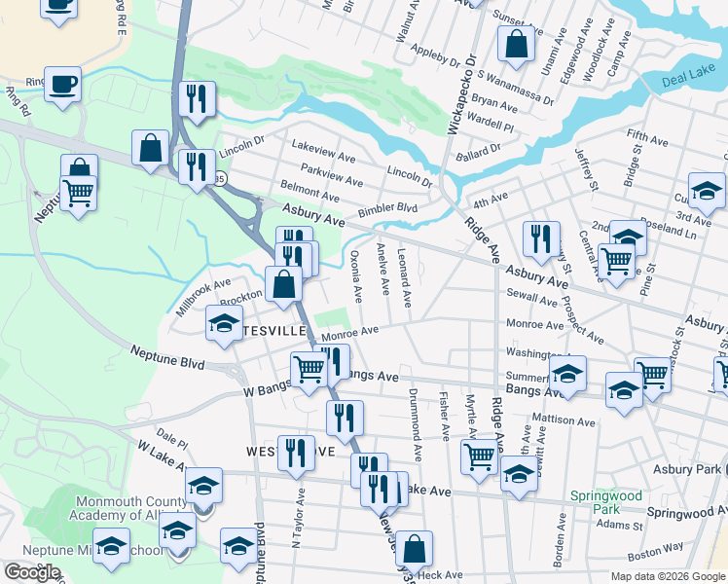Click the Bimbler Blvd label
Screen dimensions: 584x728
(386, 208)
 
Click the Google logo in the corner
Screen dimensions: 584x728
(32, 572)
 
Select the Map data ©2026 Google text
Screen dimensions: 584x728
(668, 576)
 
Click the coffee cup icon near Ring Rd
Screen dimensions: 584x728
(62, 83)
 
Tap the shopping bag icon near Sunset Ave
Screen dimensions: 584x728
(516, 44)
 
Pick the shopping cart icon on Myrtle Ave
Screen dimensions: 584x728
(480, 455)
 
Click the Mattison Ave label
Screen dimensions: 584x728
(563, 421)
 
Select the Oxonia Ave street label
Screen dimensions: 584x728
(356, 277)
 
